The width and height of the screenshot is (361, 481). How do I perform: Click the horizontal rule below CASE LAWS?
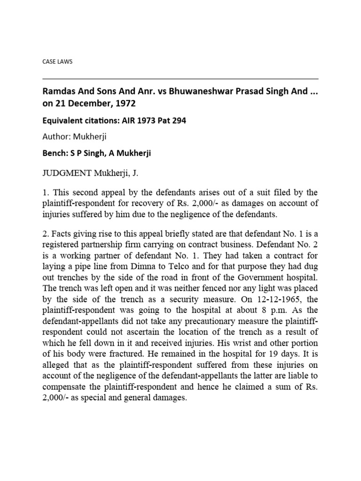tap(180, 79)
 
